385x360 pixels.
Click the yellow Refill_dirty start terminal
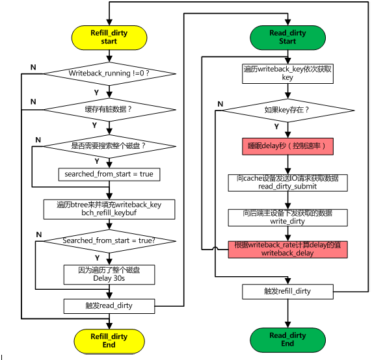coord(109,37)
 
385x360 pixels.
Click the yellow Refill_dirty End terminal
coord(109,340)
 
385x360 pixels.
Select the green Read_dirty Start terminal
coord(287,37)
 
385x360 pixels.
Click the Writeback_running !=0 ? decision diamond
coord(109,73)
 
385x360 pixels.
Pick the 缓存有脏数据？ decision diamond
coord(109,109)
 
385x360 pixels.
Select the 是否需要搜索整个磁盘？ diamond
coord(109,145)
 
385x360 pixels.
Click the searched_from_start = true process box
coord(109,174)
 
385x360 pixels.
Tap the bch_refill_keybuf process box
coord(109,209)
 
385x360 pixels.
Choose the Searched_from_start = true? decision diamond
coord(109,241)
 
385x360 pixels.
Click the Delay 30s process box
coord(109,274)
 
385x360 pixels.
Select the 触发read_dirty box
coord(109,305)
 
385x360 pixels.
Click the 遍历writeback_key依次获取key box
coord(287,73)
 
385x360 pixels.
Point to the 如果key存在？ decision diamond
coord(287,110)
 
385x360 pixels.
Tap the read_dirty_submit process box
coord(287,182)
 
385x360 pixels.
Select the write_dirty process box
coord(287,217)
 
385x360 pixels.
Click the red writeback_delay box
coord(287,249)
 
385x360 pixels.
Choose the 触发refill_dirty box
coord(287,291)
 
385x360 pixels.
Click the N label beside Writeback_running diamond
coord(33,68)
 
